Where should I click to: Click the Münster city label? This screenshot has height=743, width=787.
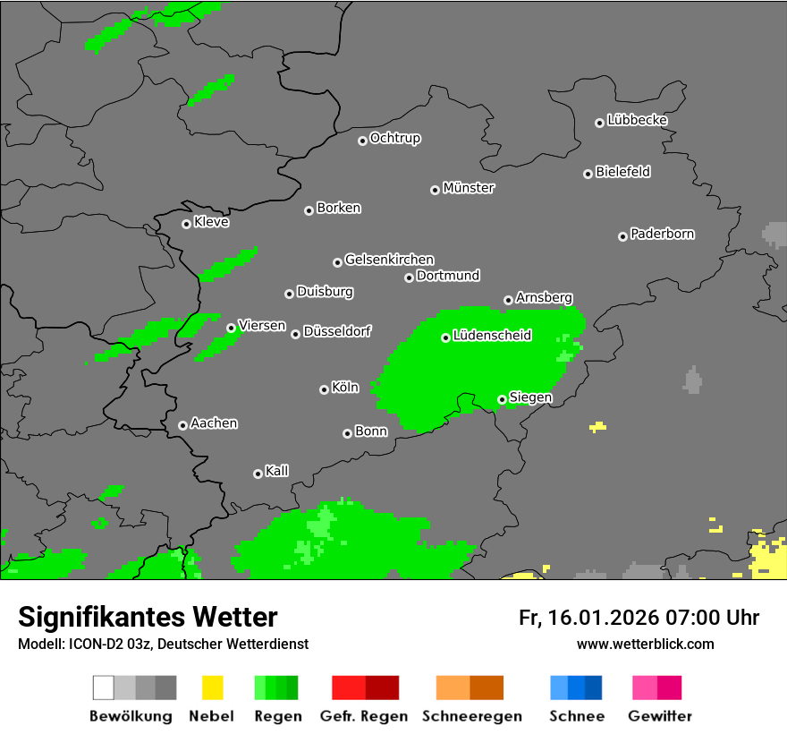pos(469,188)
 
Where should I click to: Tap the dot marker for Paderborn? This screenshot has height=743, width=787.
pos(622,236)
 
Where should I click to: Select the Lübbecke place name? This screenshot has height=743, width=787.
pos(637,120)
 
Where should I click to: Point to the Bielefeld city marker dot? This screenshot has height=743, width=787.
pos(588,174)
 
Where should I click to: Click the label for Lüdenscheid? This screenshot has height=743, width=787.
pos(492,336)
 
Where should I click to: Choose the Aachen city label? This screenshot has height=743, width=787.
pos(214,423)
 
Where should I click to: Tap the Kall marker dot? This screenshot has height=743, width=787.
pos(258,474)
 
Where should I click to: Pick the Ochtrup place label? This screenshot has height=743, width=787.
pos(395,138)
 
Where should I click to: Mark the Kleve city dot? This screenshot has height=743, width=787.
pos(186,224)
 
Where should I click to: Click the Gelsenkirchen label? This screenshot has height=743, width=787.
pos(389,260)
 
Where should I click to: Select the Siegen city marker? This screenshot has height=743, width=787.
pos(502,399)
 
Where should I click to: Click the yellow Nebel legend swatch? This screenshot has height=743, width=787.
pos(212,687)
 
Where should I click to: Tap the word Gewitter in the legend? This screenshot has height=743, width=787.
pos(660,716)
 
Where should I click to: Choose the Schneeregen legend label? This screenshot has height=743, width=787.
pos(471,716)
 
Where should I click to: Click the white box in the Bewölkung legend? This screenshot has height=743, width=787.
pos(104,687)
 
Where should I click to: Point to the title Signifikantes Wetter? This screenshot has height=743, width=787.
pos(148,617)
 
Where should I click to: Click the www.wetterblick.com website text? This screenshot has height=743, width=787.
pos(645,644)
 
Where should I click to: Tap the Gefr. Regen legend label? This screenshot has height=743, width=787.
pos(364,716)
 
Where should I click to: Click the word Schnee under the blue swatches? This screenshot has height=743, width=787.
pos(576,716)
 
